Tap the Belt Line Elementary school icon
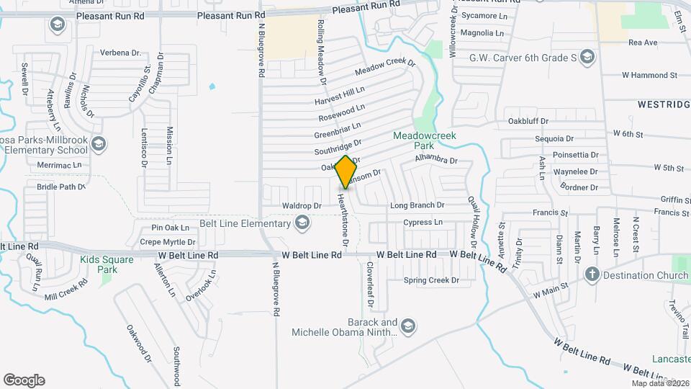point(303,224)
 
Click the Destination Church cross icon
point(592,274)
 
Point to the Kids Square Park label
point(107,264)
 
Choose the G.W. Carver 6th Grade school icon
point(587,57)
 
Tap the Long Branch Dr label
point(417,205)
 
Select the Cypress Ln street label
point(423,223)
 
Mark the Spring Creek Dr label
point(431,280)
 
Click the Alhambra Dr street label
point(436,160)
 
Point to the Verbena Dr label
point(120,53)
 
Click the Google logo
point(24,380)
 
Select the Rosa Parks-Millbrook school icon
point(98,145)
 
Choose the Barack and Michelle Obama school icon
point(409,327)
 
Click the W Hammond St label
point(649,75)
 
